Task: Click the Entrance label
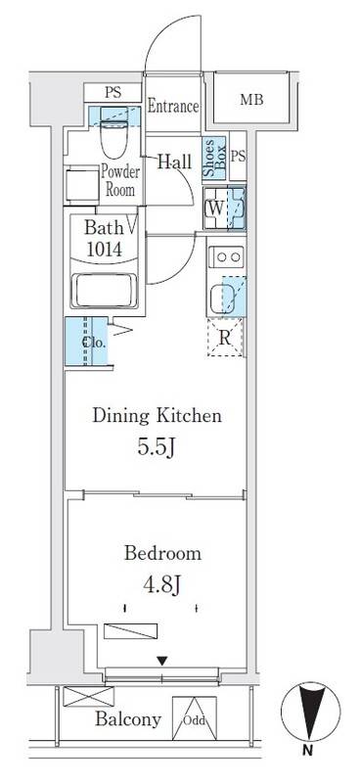tap(173, 107)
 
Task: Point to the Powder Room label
tap(120, 180)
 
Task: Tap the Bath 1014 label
tap(102, 238)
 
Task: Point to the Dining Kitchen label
tap(157, 416)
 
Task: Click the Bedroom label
tap(162, 553)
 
